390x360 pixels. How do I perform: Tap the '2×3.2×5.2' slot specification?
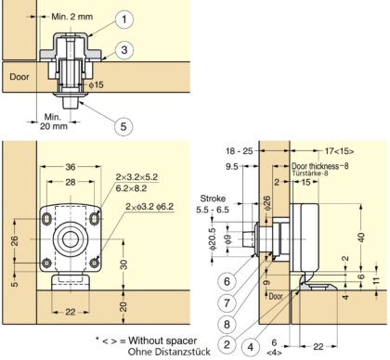[x=138, y=175]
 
